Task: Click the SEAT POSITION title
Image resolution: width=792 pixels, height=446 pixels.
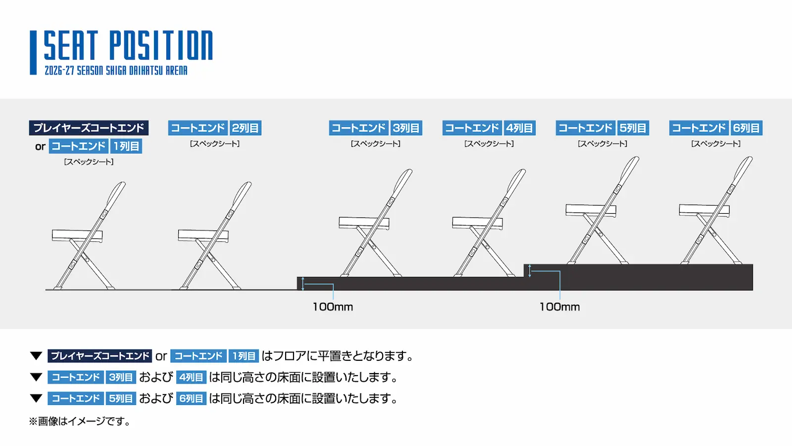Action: (x=128, y=45)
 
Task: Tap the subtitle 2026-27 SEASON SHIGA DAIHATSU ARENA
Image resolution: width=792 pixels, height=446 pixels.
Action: (x=116, y=70)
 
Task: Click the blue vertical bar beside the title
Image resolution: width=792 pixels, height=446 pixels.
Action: (x=33, y=53)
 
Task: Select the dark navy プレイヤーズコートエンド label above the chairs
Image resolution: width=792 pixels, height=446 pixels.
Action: (x=89, y=128)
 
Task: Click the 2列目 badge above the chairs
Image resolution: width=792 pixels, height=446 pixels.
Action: (x=246, y=128)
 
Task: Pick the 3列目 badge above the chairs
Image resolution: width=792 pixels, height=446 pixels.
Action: (x=406, y=128)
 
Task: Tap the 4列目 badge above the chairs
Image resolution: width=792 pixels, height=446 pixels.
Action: (x=519, y=128)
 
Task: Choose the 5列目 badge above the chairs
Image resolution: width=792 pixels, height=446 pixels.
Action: (x=633, y=128)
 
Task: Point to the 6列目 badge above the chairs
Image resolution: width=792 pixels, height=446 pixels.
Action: (x=746, y=128)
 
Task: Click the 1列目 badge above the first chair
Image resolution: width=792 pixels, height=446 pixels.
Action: (x=126, y=146)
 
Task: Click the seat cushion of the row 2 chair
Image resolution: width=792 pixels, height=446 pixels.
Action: (x=203, y=235)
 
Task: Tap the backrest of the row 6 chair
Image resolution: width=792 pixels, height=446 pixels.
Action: (x=742, y=170)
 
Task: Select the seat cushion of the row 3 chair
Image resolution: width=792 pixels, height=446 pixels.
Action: (x=364, y=223)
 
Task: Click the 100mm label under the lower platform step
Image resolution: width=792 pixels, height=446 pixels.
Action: (x=333, y=307)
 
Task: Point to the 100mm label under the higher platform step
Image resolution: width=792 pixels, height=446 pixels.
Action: (x=560, y=307)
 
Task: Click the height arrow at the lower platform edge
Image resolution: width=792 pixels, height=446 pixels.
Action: (x=302, y=284)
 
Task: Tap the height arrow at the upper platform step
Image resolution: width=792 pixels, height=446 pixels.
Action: (x=530, y=271)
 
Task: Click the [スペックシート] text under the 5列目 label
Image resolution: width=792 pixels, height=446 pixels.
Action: (x=602, y=144)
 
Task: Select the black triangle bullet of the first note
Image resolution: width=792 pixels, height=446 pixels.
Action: (x=36, y=356)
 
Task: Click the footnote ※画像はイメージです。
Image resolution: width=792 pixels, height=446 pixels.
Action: (x=80, y=421)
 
